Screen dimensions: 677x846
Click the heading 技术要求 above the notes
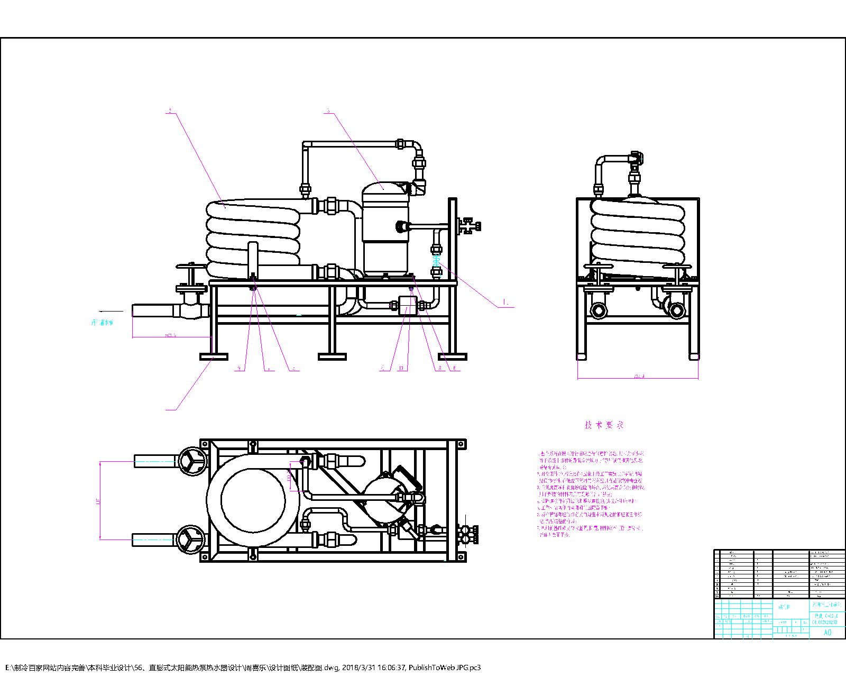pyautogui.click(x=604, y=425)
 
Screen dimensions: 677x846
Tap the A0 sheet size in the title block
pyautogui.click(x=827, y=633)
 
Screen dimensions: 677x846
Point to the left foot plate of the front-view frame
pyautogui.click(x=214, y=356)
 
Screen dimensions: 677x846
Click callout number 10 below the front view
pyautogui.click(x=403, y=368)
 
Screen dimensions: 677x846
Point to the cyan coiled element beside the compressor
pyautogui.click(x=436, y=261)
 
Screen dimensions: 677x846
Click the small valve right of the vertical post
pyautogui.click(x=468, y=226)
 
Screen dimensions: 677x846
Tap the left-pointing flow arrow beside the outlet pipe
pyautogui.click(x=109, y=311)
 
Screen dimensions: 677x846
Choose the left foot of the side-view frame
pyautogui.click(x=582, y=356)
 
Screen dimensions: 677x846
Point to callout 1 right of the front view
pyautogui.click(x=506, y=304)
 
